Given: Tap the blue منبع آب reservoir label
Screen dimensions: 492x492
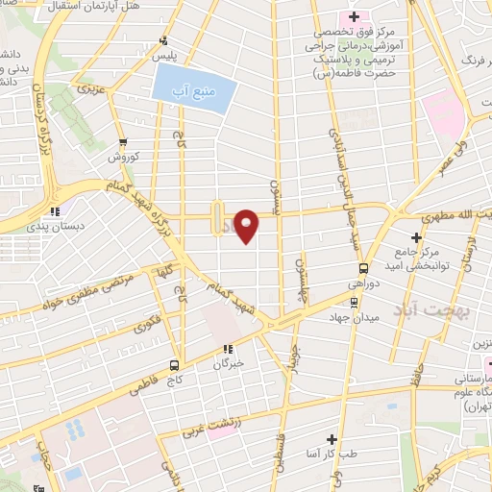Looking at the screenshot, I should (x=189, y=92).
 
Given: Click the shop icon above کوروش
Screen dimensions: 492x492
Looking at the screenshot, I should (x=135, y=141).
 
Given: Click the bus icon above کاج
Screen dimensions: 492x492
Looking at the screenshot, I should (x=174, y=364).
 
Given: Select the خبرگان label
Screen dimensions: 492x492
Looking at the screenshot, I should (x=228, y=364).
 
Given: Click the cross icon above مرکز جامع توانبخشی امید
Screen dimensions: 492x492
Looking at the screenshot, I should (x=416, y=237).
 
